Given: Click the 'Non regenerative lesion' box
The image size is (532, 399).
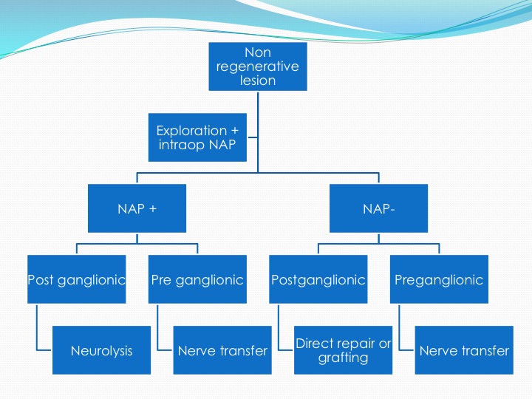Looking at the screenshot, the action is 258,66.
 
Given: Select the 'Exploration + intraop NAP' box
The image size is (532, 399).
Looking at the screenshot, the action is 197,137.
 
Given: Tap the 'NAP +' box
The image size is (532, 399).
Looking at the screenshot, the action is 137,208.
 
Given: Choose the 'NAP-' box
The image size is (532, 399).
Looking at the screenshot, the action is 378,208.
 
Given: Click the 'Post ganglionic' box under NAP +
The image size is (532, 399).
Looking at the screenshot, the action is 77,279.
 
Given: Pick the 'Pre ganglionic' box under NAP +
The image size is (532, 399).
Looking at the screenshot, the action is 197,279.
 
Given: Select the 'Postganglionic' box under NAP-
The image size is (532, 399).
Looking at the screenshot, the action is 318,279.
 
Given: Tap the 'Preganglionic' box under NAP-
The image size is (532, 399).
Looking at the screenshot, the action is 439,279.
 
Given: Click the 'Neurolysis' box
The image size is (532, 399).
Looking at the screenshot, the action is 101,350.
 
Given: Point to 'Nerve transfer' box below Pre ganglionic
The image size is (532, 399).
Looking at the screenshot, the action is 222,350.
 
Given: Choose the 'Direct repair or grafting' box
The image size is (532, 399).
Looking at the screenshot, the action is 343,350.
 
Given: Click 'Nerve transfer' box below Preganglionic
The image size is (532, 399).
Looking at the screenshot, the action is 464,350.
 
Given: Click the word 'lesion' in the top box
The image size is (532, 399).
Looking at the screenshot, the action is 258,81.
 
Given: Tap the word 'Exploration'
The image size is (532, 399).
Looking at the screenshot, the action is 191,131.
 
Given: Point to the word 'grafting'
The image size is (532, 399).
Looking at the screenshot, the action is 343,358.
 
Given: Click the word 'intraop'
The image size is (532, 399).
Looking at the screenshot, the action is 182,146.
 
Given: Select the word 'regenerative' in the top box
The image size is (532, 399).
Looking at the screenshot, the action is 258,66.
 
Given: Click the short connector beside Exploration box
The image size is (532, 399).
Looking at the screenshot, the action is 253,137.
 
